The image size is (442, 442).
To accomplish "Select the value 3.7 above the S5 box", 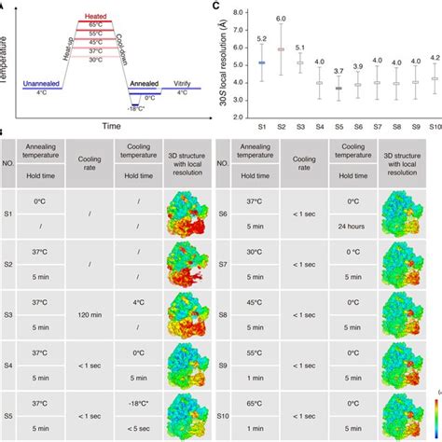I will [x=338, y=71].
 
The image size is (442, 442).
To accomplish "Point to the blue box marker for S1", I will [x=262, y=62].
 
